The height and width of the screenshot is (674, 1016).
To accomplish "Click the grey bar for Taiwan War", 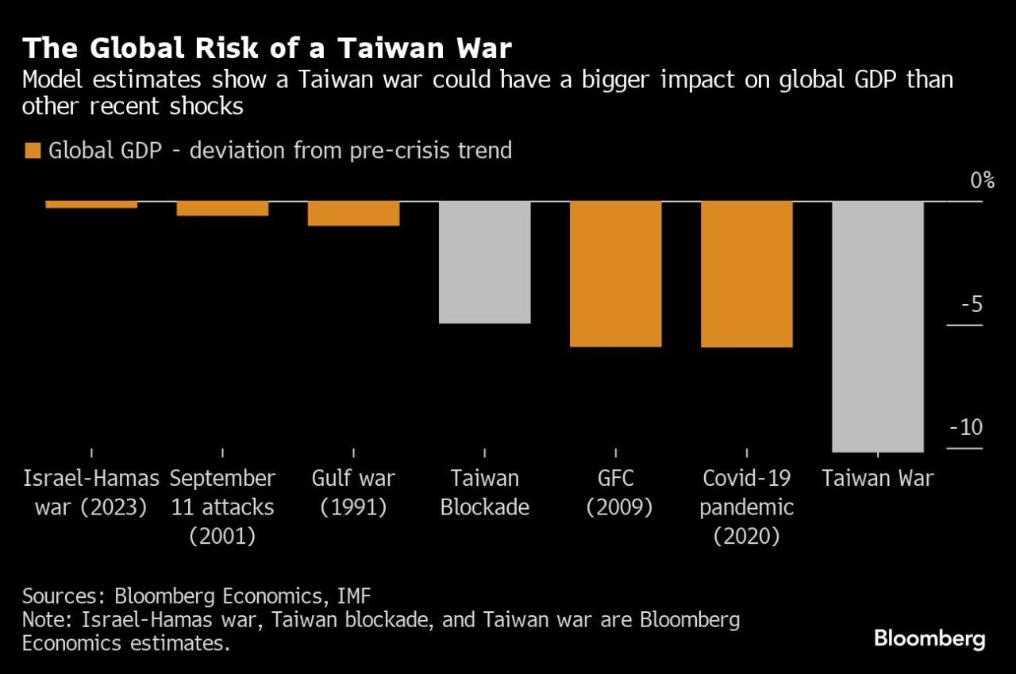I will click(878, 325).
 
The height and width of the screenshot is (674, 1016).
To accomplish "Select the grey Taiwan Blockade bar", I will click(484, 262).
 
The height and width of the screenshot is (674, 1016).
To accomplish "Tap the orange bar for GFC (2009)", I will click(616, 274).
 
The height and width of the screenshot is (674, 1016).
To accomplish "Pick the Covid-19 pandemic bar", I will click(747, 274).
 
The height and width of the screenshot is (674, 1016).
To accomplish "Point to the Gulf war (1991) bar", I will click(353, 214).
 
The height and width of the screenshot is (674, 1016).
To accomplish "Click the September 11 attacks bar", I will click(222, 208).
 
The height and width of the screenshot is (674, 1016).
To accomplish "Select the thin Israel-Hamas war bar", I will click(91, 204).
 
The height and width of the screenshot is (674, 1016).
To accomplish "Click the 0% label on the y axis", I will click(983, 180).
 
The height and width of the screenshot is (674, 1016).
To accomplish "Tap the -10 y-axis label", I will click(965, 428).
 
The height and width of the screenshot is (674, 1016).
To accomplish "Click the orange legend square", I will click(32, 150).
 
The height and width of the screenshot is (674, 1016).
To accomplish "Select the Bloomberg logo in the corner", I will click(929, 638).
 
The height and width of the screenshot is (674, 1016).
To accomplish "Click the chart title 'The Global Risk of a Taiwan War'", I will click(267, 49).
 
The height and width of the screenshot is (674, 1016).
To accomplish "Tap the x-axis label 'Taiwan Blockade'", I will click(484, 492).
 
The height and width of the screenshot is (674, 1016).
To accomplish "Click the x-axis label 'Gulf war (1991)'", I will click(353, 492).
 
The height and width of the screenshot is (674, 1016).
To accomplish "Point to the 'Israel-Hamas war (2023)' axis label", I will click(91, 492).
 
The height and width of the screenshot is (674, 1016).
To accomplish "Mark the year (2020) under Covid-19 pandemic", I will click(746, 536).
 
